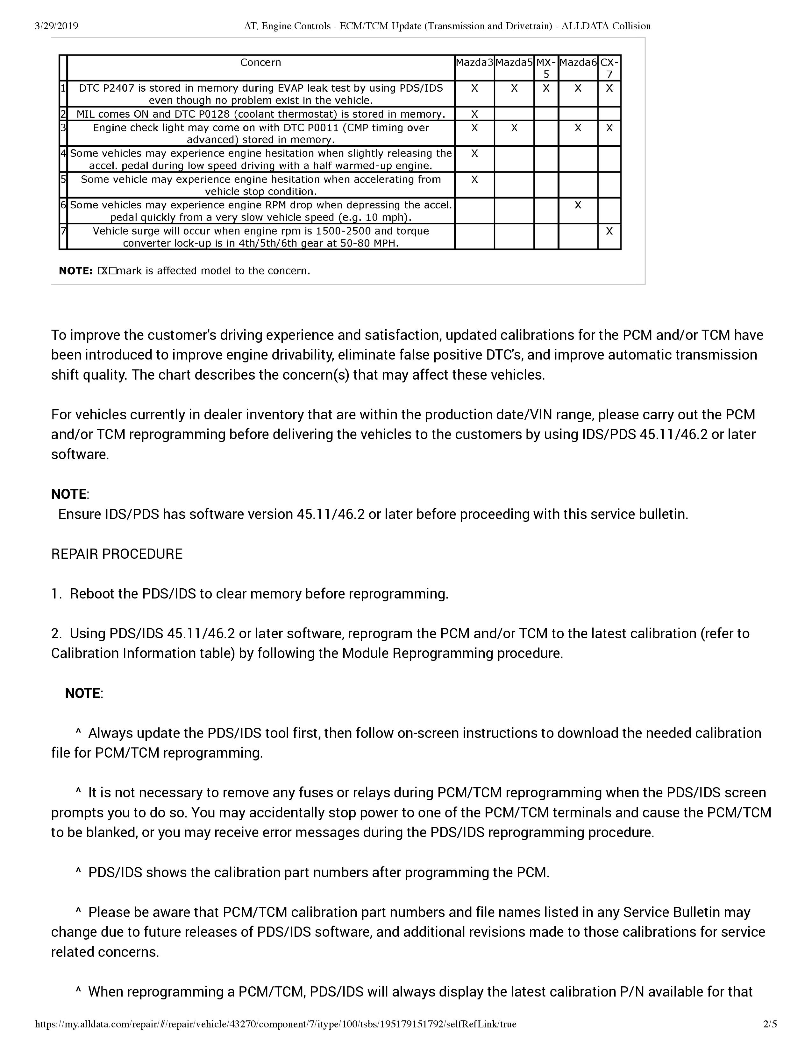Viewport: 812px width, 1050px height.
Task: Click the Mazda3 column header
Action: pyautogui.click(x=474, y=62)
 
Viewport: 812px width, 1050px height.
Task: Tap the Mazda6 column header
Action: pyautogui.click(x=578, y=62)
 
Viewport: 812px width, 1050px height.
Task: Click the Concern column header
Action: pyautogui.click(x=261, y=62)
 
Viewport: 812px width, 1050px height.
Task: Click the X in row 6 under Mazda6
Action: pyautogui.click(x=578, y=205)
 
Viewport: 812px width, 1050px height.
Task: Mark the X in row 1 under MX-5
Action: pyautogui.click(x=546, y=88)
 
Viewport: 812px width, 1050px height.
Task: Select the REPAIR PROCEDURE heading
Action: pyautogui.click(x=117, y=554)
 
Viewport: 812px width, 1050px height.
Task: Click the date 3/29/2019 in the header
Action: pyautogui.click(x=56, y=26)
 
